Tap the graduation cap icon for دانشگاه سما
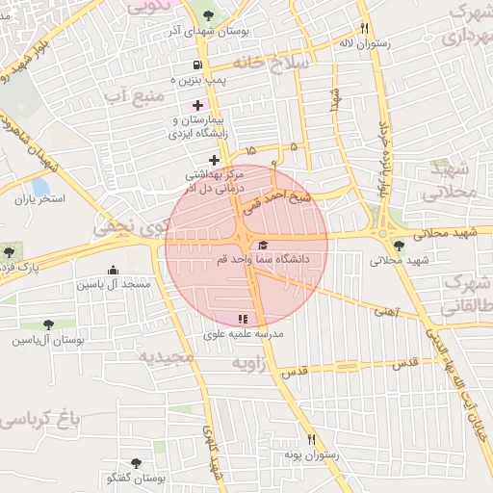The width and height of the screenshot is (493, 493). tap(264, 243)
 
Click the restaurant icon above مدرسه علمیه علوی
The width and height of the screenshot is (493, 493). tap(243, 318)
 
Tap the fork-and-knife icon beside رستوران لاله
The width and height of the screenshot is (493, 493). tap(363, 28)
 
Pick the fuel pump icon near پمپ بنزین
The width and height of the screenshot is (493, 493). tap(198, 65)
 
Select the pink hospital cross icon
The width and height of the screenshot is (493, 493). tap(198, 104)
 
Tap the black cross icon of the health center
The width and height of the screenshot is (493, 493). tap(214, 160)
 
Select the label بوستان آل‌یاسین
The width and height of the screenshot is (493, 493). tap(48, 340)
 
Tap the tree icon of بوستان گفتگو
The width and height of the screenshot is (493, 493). tap(135, 463)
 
